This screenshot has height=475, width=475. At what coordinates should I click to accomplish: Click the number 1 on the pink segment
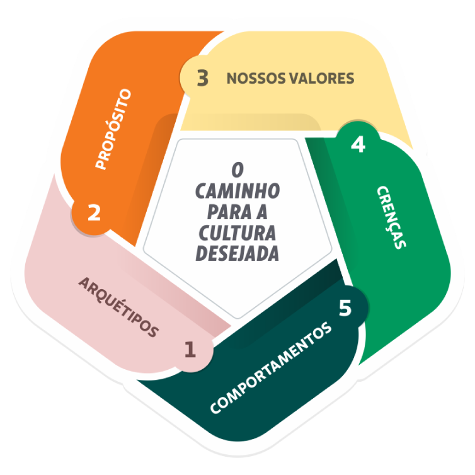tap(190, 348)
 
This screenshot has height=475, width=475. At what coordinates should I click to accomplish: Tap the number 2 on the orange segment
tap(94, 212)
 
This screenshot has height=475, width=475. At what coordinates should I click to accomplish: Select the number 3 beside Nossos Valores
tap(202, 79)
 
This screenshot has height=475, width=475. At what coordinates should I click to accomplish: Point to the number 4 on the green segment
tap(357, 145)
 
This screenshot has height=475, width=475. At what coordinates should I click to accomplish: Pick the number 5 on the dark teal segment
tap(345, 309)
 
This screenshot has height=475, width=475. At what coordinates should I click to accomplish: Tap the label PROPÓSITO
tap(113, 129)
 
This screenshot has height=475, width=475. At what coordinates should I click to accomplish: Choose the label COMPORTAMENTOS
tap(270, 369)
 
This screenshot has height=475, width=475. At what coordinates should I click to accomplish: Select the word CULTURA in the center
tap(237, 233)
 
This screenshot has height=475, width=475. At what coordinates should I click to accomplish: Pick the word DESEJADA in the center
tap(237, 254)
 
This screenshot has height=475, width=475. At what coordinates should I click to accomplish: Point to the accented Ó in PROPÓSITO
tap(112, 134)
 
